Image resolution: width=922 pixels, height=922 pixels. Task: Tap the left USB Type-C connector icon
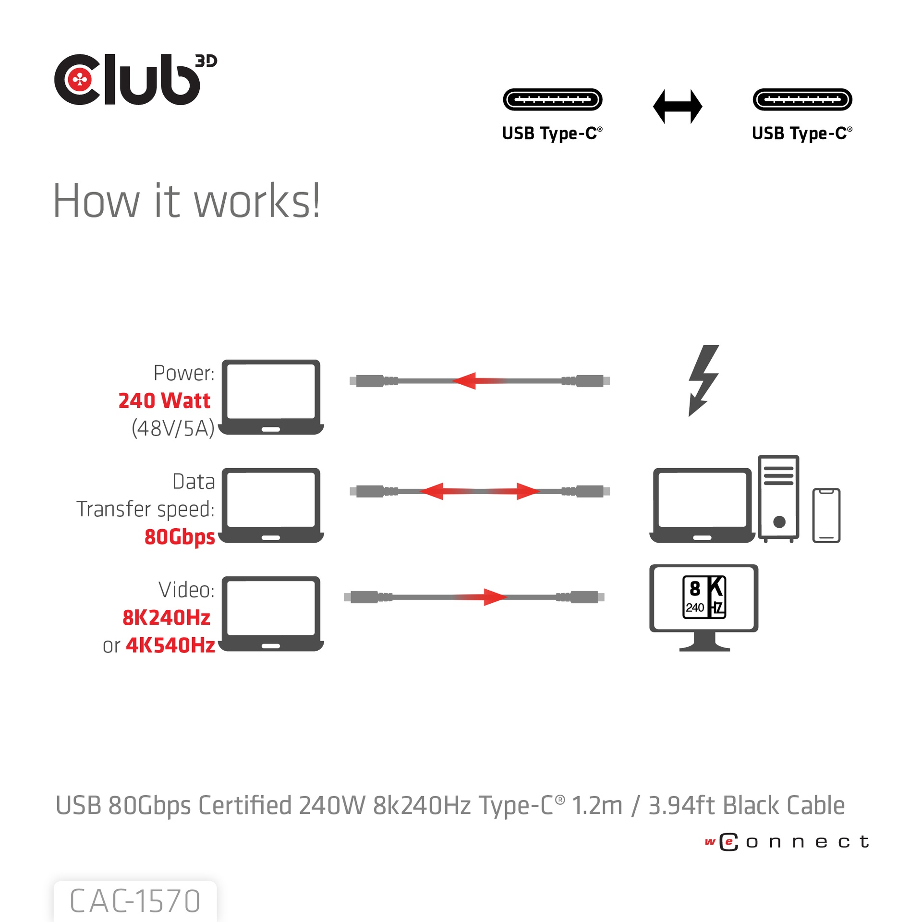552,99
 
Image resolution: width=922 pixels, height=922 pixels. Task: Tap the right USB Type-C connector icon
802,99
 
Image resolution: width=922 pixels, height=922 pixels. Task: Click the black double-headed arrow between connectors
677,106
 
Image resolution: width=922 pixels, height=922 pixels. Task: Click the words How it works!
186,201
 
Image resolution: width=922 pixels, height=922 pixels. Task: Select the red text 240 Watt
164,400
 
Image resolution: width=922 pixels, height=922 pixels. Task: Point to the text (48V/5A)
173,428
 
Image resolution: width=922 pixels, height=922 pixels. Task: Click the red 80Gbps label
180,536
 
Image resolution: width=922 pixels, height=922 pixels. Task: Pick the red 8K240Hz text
166,618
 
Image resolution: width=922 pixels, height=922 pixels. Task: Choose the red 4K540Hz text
170,645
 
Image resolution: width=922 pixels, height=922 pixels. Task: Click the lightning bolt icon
703,379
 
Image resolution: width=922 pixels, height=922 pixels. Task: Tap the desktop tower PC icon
778,498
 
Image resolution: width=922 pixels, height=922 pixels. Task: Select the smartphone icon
826,515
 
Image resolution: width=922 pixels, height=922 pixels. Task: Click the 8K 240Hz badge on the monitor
704,597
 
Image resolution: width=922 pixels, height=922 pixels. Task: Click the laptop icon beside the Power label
271,397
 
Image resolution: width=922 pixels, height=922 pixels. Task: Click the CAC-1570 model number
135,901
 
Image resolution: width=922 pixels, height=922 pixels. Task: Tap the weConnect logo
787,842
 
